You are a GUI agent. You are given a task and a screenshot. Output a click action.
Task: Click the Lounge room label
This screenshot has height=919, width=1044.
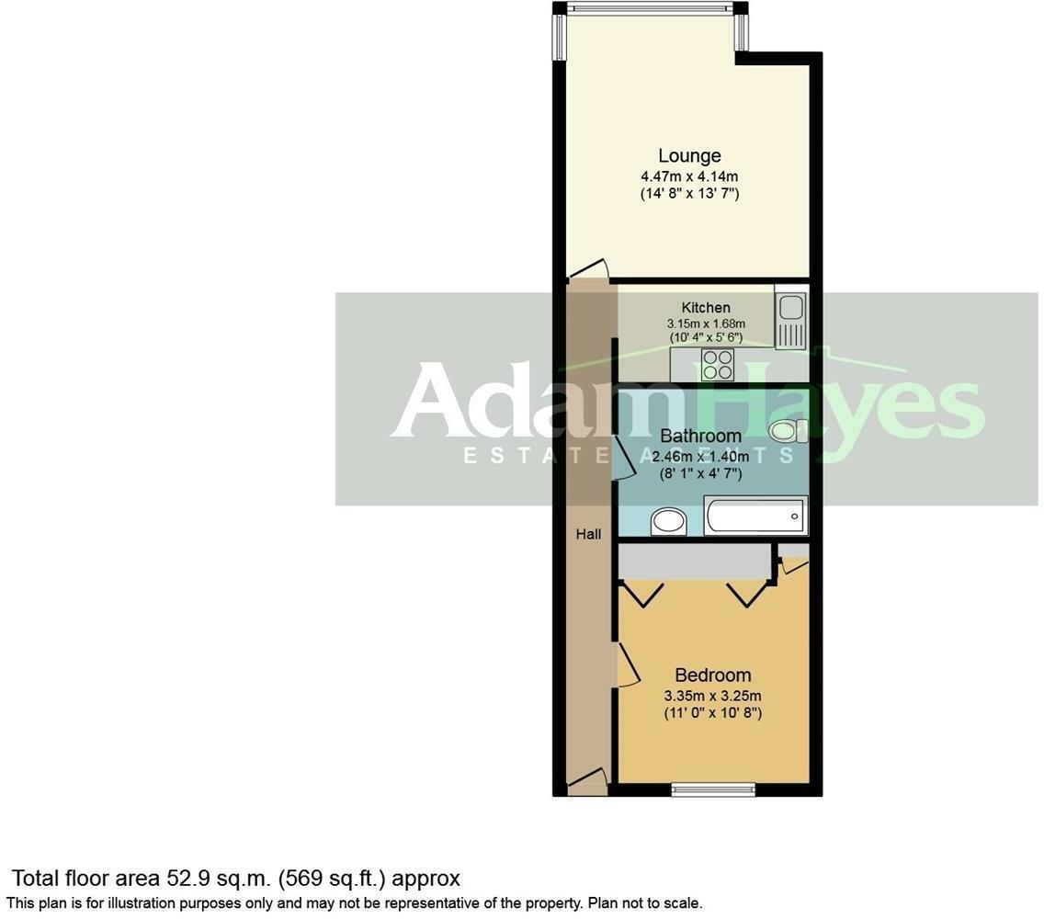689,155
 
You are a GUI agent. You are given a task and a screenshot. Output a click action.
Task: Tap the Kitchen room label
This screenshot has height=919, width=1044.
706,307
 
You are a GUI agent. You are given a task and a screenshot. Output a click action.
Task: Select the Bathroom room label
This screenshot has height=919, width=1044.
700,436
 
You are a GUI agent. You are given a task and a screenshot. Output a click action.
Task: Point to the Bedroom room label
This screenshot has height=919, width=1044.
712,675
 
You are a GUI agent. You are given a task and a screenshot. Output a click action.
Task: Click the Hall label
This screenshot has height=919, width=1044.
588,533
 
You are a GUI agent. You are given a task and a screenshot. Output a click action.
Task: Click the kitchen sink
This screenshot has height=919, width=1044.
789,318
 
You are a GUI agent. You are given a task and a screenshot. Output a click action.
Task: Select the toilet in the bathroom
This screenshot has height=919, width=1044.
788,430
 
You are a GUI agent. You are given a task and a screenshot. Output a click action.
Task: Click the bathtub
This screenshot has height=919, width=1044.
755,516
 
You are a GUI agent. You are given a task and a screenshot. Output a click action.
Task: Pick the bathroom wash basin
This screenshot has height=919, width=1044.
667,522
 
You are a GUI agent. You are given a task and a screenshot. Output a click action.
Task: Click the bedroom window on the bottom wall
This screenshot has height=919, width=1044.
713,788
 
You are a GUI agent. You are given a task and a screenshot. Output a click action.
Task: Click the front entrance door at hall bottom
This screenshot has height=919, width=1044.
586,782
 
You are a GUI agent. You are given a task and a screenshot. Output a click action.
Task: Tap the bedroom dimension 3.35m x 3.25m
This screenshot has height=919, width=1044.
712,695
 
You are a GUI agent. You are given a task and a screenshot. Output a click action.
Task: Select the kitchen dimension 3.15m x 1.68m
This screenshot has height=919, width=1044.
706,323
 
